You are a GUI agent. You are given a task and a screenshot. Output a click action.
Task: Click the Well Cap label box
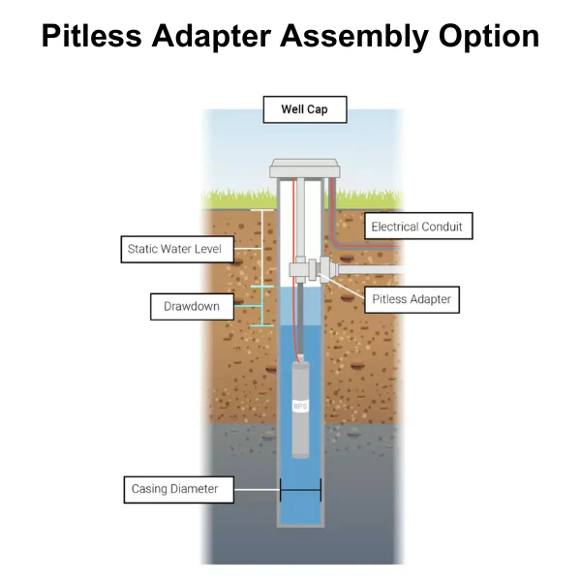pyautogui.click(x=304, y=109)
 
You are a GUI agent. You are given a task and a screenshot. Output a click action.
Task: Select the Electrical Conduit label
pyautogui.click(x=417, y=227)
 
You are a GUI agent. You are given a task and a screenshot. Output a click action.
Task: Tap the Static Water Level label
pyautogui.click(x=174, y=249)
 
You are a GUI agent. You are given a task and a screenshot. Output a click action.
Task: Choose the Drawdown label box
pyautogui.click(x=192, y=307)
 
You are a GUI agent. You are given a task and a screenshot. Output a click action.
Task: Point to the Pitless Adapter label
pyautogui.click(x=412, y=299)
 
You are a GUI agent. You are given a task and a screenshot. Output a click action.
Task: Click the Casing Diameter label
pyautogui.click(x=175, y=489)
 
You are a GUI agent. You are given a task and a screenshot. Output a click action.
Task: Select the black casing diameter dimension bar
pyautogui.click(x=300, y=490)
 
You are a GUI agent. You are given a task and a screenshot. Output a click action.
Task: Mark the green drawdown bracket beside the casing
pyautogui.click(x=260, y=307)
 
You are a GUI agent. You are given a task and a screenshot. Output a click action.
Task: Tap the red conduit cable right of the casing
pyautogui.click(x=334, y=208)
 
